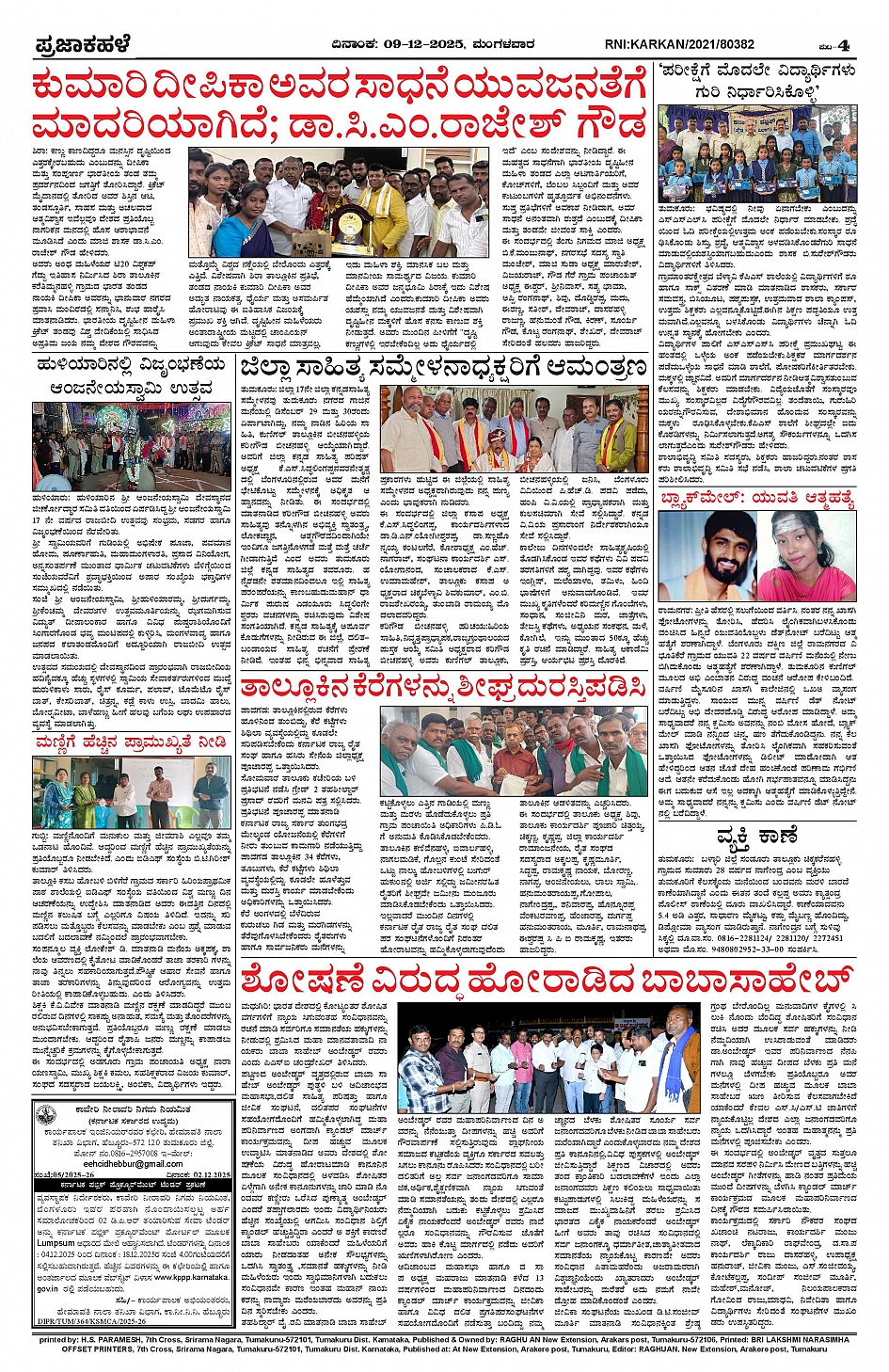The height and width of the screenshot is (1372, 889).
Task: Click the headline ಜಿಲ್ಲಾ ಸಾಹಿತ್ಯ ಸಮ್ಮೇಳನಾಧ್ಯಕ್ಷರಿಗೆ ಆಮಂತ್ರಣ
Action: (x=443, y=368)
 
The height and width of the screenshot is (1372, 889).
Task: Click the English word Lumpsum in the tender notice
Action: (x=56, y=1243)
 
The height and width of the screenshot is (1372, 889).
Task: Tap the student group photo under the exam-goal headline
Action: (x=757, y=153)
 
